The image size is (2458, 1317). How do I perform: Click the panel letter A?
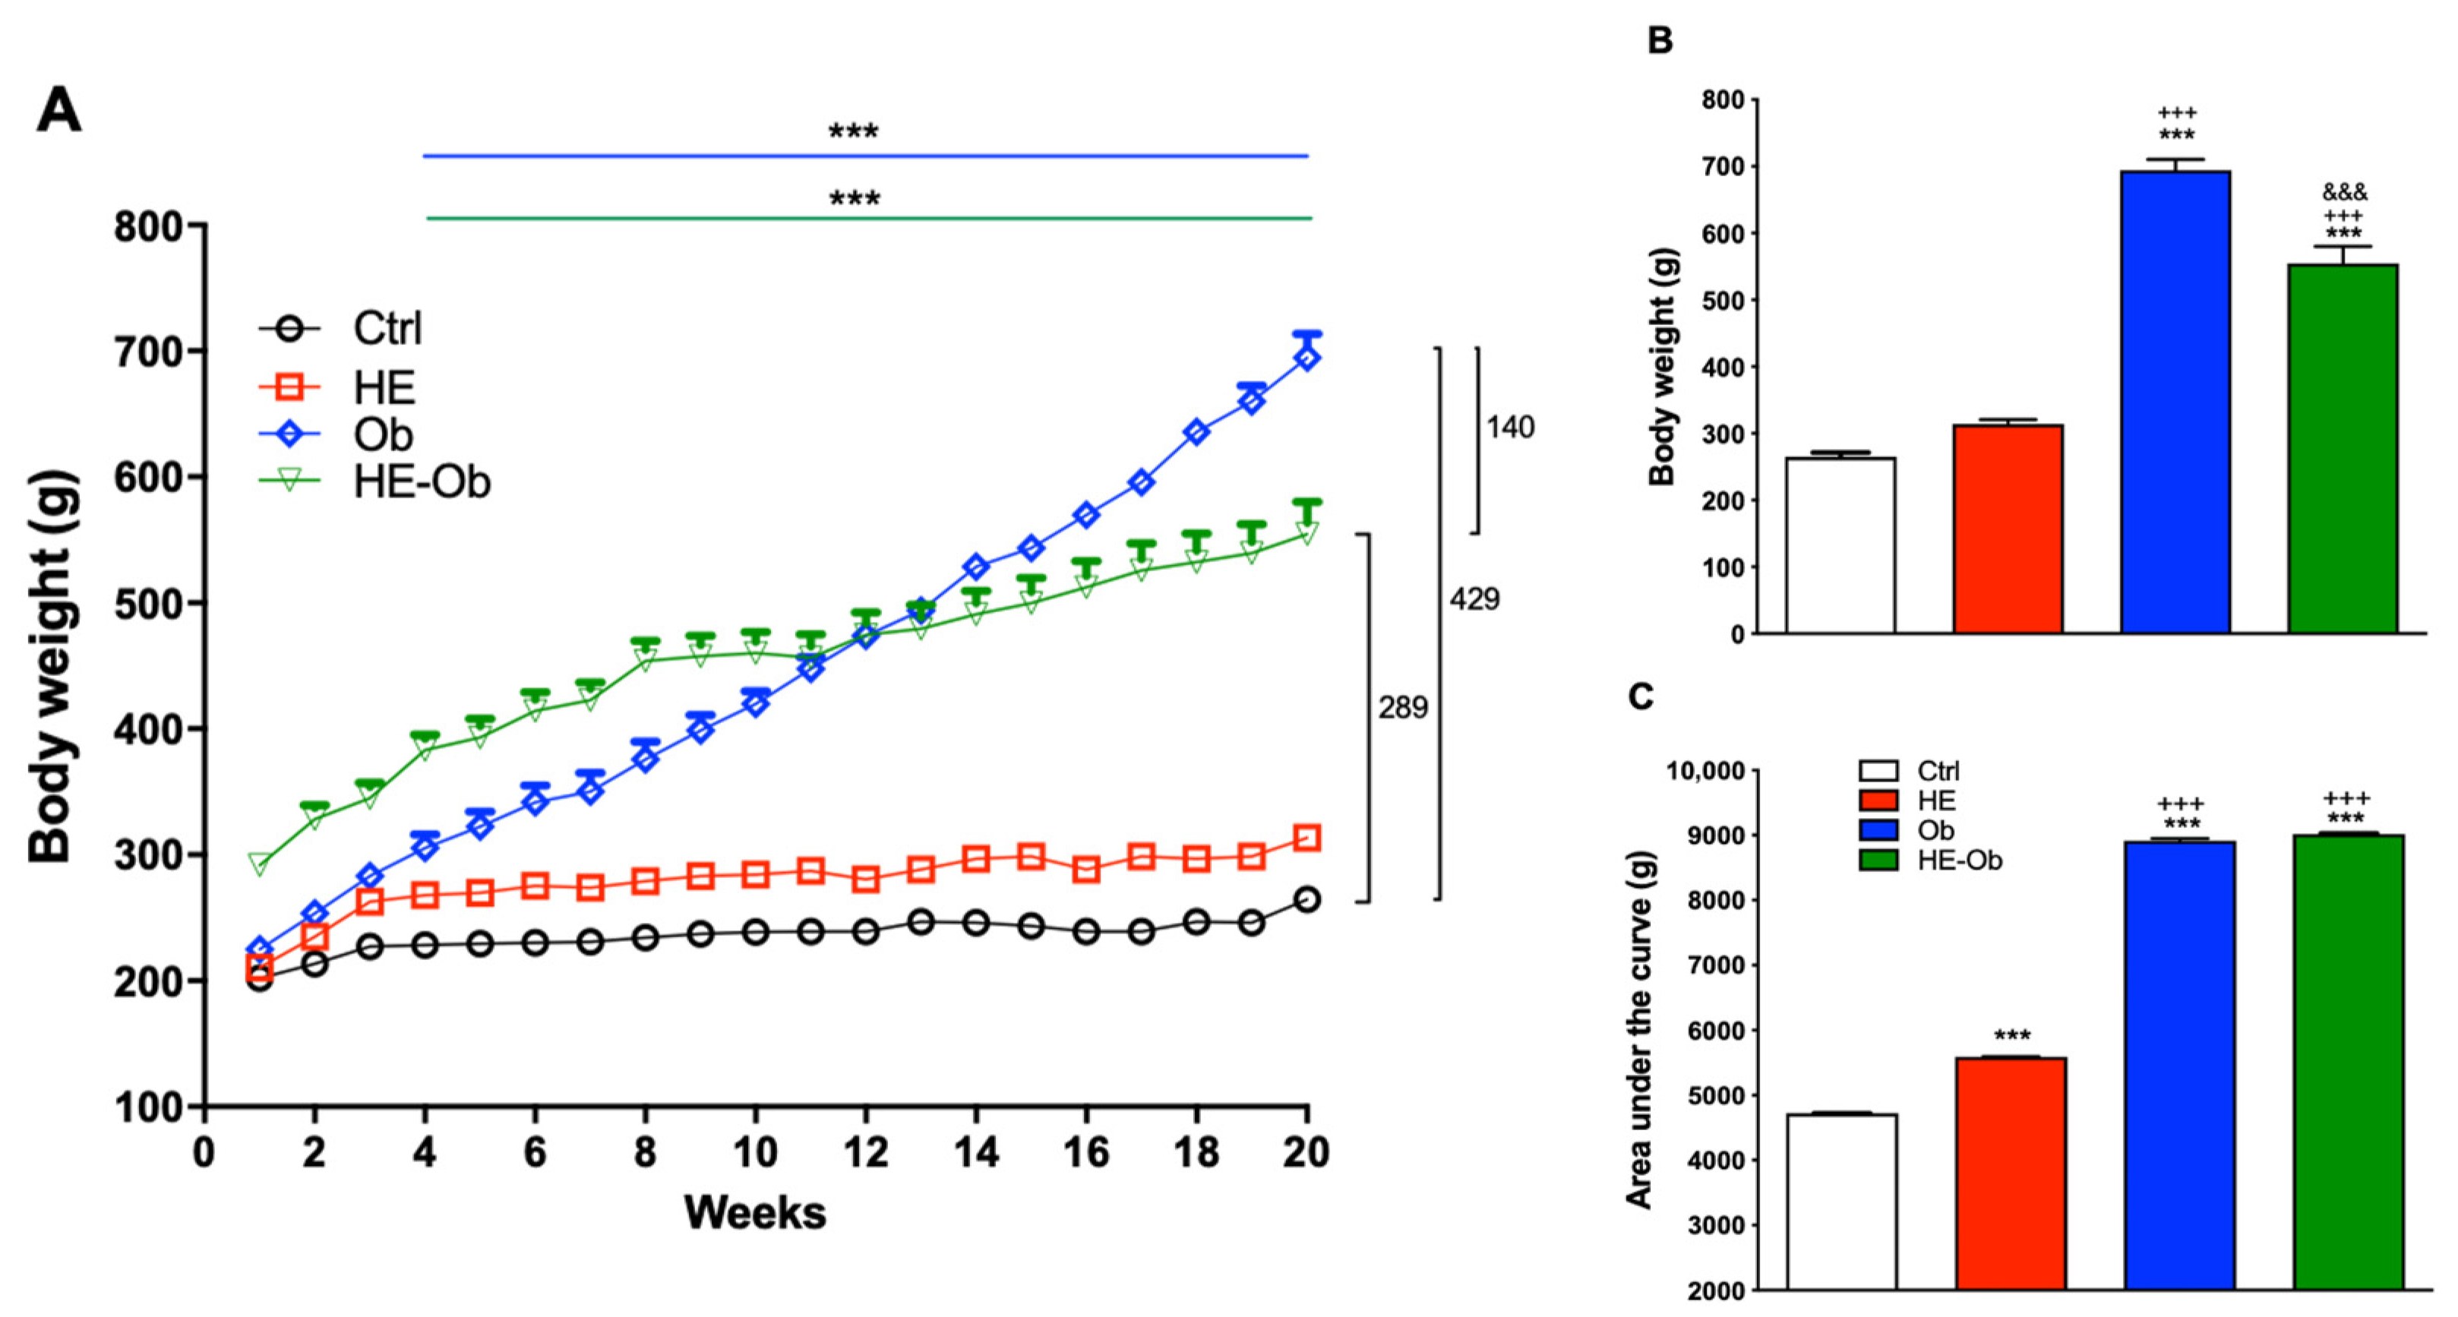(x=59, y=112)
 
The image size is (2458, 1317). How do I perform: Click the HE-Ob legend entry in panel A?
(x=421, y=482)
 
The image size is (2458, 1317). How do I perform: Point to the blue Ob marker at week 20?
(x=1306, y=358)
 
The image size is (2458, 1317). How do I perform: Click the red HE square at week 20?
(x=1306, y=839)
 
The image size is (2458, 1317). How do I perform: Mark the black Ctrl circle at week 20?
(x=1306, y=899)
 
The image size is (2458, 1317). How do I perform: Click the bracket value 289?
(x=1401, y=708)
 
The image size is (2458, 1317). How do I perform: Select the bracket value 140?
(x=1509, y=428)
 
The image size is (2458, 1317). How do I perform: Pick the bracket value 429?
(x=1474, y=599)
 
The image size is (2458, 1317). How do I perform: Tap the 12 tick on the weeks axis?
(x=865, y=1153)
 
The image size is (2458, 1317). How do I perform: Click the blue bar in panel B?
(x=2175, y=401)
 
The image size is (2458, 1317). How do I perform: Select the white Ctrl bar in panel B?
(x=1840, y=545)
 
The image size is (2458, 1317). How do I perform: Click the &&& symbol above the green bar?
(x=2345, y=192)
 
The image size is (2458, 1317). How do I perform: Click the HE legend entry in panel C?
(x=1937, y=800)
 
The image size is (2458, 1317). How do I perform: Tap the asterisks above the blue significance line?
(x=853, y=131)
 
